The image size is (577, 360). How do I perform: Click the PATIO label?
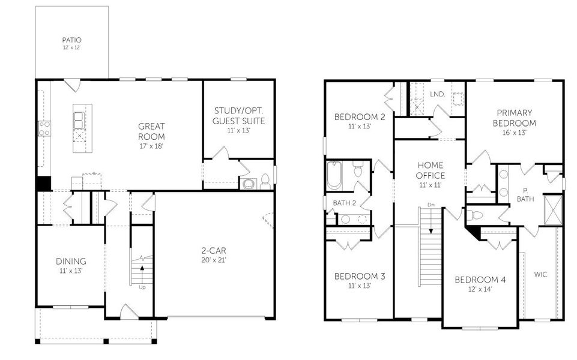tap(71, 40)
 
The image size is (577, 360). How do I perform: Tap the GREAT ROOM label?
tap(151, 131)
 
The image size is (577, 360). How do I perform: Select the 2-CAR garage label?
tap(214, 251)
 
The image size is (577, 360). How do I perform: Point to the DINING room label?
tap(71, 261)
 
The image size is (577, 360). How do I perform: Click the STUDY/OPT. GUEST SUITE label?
tap(239, 116)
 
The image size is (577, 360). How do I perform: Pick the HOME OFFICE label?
tap(430, 170)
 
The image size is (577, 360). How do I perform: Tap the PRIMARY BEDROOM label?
tap(515, 118)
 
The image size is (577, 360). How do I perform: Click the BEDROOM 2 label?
tap(360, 116)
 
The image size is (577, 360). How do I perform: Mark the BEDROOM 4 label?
tap(480, 280)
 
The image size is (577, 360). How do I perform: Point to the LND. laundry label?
tap(438, 94)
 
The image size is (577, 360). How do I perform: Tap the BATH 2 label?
tap(345, 203)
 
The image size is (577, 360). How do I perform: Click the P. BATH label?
tap(525, 194)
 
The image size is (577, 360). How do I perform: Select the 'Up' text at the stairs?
tap(142, 287)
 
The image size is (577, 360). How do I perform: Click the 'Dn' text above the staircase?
tap(430, 205)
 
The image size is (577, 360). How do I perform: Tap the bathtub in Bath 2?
tap(334, 175)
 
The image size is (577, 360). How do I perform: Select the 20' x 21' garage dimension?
tap(214, 260)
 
